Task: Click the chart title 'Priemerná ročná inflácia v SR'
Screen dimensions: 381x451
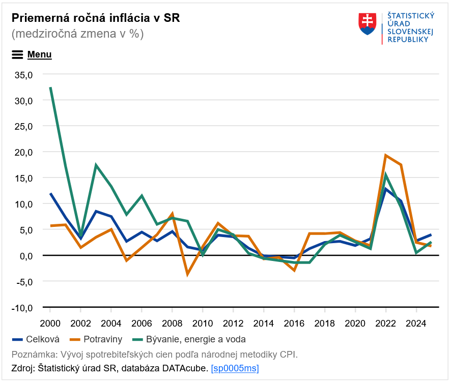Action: click(x=96, y=18)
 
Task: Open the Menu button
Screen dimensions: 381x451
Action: click(x=32, y=54)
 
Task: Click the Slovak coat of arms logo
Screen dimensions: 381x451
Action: click(x=367, y=24)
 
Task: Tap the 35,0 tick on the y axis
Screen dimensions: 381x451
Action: click(x=23, y=75)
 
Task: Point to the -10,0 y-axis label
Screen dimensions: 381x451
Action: click(x=22, y=307)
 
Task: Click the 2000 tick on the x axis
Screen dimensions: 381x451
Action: click(x=50, y=323)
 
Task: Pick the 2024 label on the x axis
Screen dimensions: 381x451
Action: click(x=416, y=323)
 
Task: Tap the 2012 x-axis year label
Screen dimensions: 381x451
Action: click(x=233, y=323)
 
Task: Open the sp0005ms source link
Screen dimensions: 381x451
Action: click(x=235, y=368)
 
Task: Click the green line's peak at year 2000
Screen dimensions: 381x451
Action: click(x=50, y=87)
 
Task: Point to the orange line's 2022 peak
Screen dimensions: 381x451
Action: click(x=386, y=156)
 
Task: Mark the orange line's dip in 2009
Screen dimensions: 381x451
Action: click(x=187, y=274)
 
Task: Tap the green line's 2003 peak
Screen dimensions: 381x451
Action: click(x=96, y=165)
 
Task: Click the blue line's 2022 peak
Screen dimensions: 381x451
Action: click(x=386, y=189)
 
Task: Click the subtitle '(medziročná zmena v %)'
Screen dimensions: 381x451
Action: click(x=77, y=34)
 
